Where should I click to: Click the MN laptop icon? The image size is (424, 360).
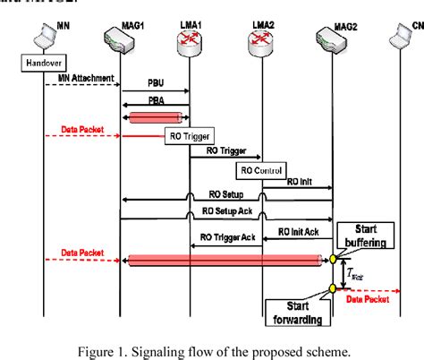pos(38,39)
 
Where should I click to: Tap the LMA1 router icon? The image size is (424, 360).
pos(189,37)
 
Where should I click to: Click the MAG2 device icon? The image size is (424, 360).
pos(332,38)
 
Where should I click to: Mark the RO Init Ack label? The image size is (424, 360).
pos(297,232)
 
